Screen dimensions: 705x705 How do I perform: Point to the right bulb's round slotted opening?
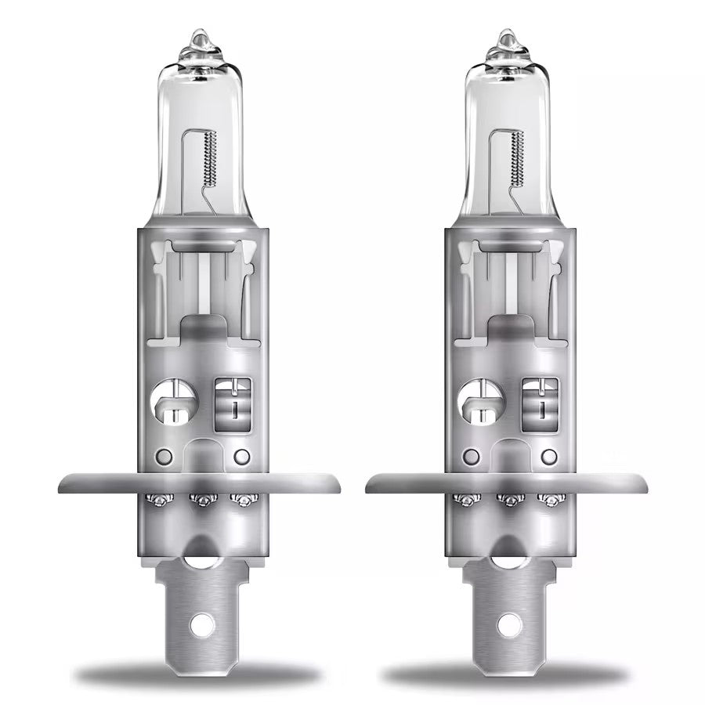(x=479, y=399)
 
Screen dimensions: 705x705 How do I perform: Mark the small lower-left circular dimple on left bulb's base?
(x=164, y=455)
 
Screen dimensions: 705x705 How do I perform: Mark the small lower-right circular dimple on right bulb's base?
(x=549, y=455)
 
